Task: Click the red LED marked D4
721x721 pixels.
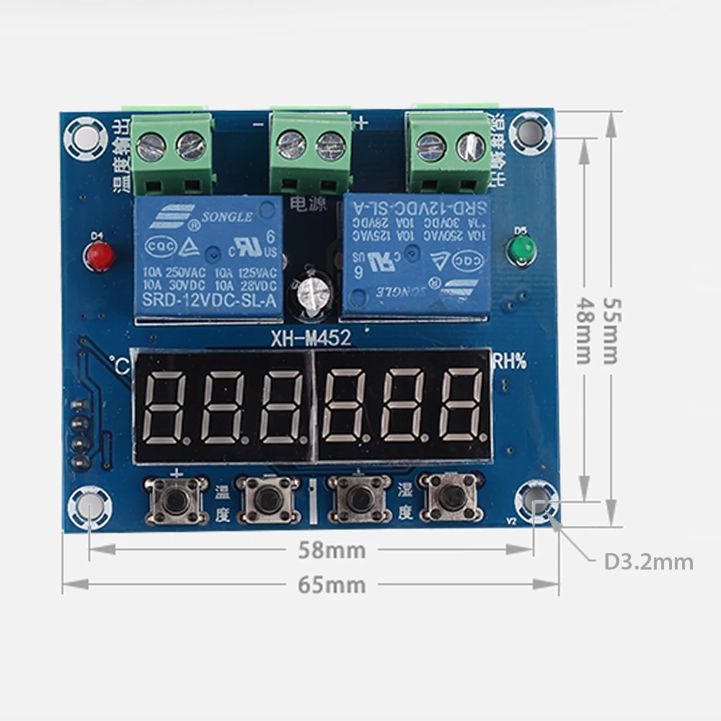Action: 100,255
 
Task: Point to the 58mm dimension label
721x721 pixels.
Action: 332,550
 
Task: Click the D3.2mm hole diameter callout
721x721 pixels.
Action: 648,562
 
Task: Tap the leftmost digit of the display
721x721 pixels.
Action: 166,409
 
